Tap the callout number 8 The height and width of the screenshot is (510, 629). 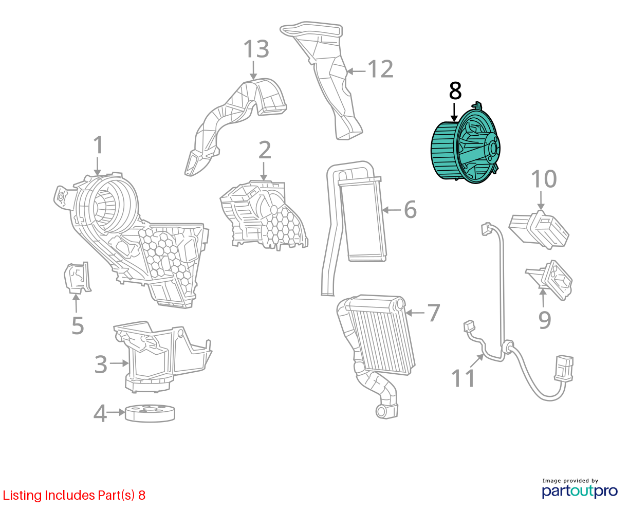pyautogui.click(x=455, y=90)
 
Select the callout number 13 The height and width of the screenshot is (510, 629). pyautogui.click(x=256, y=49)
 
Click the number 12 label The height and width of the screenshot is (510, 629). pyautogui.click(x=381, y=69)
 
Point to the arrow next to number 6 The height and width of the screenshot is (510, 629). pyautogui.click(x=391, y=210)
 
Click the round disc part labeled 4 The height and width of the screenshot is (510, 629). pyautogui.click(x=150, y=413)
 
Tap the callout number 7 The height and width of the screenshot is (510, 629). pyautogui.click(x=434, y=313)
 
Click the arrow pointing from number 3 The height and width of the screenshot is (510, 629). pyautogui.click(x=119, y=363)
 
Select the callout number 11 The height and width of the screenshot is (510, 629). pyautogui.click(x=462, y=378)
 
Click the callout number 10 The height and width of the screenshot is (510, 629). pyautogui.click(x=544, y=179)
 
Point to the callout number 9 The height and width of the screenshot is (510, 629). pyautogui.click(x=545, y=320)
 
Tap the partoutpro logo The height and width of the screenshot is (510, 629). pyautogui.click(x=580, y=491)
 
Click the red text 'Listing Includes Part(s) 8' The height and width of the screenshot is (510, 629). pyautogui.click(x=74, y=495)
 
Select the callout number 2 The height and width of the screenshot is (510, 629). pyautogui.click(x=264, y=150)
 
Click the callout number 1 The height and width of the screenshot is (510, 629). pyautogui.click(x=98, y=145)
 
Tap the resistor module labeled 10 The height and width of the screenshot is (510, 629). pyautogui.click(x=539, y=230)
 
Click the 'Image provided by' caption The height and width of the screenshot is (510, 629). pyautogui.click(x=570, y=481)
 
